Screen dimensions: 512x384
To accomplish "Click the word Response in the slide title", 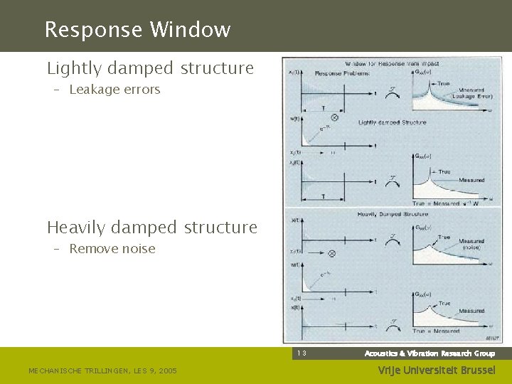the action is point(92,30).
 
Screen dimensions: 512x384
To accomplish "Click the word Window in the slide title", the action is point(190,30).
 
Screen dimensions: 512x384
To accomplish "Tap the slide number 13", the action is point(302,353).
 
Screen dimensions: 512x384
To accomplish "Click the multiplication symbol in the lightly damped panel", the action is point(334,118).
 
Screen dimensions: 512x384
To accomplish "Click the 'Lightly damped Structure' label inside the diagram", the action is point(393,122).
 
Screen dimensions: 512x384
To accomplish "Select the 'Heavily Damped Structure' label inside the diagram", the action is point(393,213).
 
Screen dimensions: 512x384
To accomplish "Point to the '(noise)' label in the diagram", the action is point(470,247).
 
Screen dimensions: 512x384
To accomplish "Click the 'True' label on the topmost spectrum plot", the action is point(443,84).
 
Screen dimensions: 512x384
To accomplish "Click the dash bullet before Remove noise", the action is point(55,249).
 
